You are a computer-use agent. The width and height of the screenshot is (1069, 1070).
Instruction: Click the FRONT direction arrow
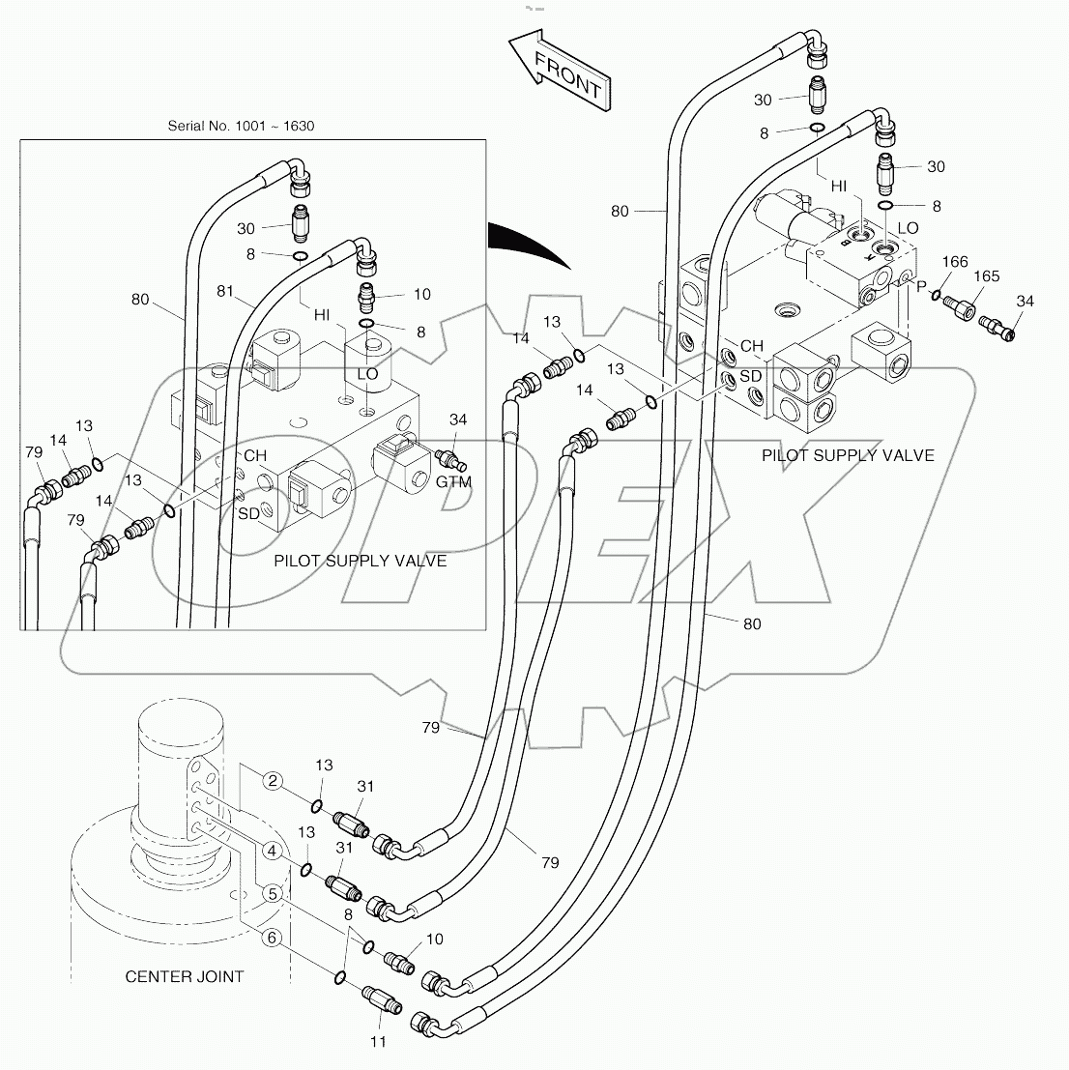(559, 71)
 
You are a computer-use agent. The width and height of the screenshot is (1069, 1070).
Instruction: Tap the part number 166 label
(955, 262)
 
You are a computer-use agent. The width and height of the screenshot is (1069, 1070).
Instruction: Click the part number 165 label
(986, 276)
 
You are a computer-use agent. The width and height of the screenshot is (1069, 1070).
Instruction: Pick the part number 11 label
(378, 1041)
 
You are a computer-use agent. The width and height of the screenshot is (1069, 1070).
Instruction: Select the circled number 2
(274, 781)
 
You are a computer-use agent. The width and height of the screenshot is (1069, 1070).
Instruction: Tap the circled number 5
(274, 894)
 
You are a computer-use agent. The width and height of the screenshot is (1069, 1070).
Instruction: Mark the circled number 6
(274, 937)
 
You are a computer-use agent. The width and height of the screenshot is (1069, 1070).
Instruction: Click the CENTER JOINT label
(185, 976)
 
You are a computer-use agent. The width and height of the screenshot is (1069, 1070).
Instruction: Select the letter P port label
(920, 286)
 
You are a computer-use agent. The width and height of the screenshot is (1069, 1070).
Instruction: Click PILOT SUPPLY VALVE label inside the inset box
(361, 561)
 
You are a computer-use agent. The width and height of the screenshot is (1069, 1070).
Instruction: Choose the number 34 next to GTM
(458, 419)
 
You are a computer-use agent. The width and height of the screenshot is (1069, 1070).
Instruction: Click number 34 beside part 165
(1025, 302)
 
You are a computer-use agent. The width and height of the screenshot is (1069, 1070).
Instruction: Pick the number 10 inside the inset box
(422, 294)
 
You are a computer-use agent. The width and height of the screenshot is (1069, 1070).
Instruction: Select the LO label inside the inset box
(367, 373)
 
